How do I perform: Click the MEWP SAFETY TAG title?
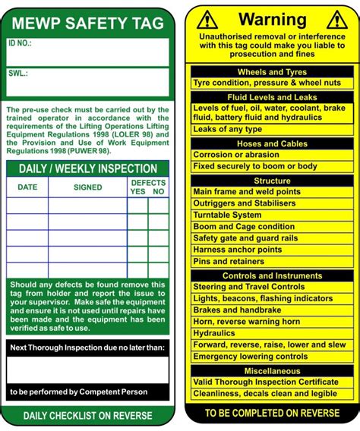click(x=88, y=23)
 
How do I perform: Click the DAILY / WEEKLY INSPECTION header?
click(x=88, y=168)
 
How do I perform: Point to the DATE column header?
click(x=27, y=187)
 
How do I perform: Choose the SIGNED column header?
click(x=87, y=187)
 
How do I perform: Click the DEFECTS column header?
click(x=148, y=183)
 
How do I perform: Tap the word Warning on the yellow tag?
click(x=273, y=19)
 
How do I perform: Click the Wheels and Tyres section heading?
click(x=272, y=72)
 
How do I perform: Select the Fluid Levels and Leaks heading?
click(x=272, y=97)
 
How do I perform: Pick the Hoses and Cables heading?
click(x=272, y=143)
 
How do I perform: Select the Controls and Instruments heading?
click(x=272, y=275)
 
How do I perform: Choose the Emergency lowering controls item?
click(x=251, y=356)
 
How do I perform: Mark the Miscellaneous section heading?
click(x=272, y=371)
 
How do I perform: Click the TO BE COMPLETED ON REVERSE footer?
click(x=272, y=413)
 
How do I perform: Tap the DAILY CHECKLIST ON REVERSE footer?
click(x=88, y=416)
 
